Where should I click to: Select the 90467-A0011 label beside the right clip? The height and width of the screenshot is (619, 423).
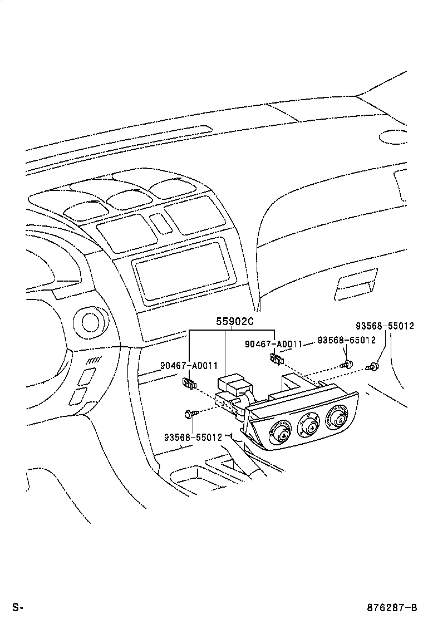click(x=273, y=344)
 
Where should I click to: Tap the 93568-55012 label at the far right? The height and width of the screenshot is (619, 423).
click(x=385, y=326)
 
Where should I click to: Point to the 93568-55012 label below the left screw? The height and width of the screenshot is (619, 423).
click(x=193, y=438)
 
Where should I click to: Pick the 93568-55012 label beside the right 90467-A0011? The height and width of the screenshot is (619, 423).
click(x=346, y=340)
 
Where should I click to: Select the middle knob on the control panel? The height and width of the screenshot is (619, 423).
click(x=307, y=424)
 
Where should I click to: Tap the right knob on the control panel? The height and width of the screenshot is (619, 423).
click(x=336, y=416)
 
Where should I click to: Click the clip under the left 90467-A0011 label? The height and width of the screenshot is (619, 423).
click(x=190, y=383)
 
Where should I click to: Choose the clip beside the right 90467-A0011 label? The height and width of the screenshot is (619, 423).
click(x=276, y=359)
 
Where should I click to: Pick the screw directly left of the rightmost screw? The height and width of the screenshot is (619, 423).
click(x=346, y=365)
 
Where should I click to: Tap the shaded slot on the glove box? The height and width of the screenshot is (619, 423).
click(x=353, y=284)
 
